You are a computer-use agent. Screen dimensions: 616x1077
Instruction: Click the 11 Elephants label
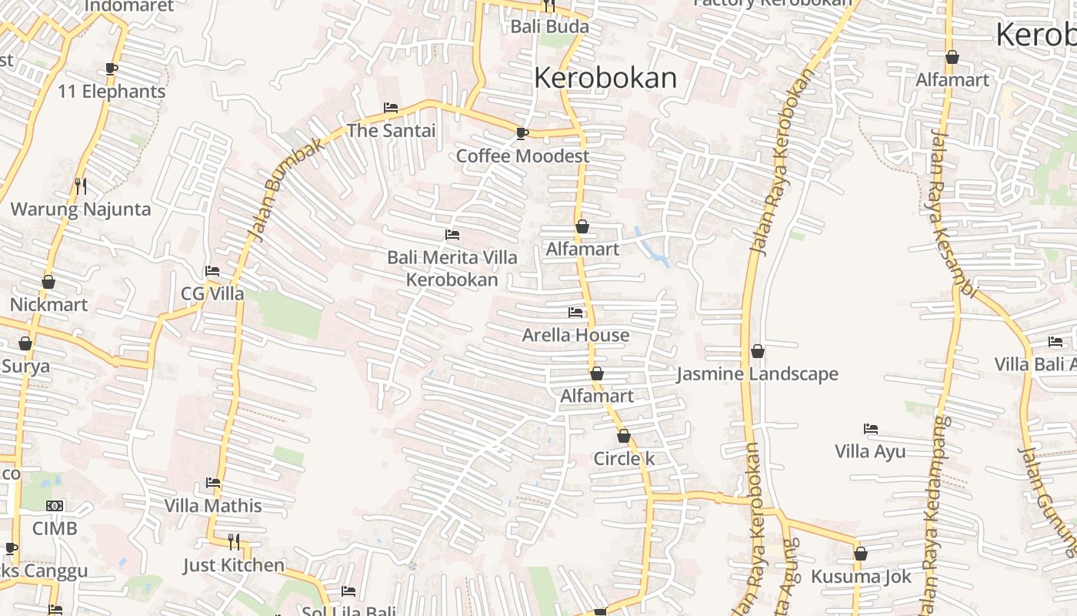tap(112, 92)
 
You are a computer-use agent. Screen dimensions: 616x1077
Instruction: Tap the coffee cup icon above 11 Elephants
tap(112, 69)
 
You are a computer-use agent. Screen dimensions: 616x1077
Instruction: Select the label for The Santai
tap(391, 131)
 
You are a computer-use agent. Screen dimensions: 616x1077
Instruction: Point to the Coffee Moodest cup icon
tap(522, 133)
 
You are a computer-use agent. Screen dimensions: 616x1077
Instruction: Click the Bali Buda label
tap(549, 27)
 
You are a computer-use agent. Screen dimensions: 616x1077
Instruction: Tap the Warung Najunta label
tap(81, 209)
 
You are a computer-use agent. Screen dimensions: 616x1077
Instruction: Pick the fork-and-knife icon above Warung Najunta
tap(80, 186)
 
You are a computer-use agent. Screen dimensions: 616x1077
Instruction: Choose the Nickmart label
tap(48, 305)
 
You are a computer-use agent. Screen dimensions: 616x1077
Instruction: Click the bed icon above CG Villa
tap(212, 271)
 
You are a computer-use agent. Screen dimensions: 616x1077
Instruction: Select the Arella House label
tap(575, 336)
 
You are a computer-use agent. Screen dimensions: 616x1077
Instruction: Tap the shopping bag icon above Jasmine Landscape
tap(758, 351)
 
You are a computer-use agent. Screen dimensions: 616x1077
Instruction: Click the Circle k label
tap(624, 459)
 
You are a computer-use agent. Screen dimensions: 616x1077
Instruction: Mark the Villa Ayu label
tap(870, 452)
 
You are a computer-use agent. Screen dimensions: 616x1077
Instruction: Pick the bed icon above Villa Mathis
tap(213, 483)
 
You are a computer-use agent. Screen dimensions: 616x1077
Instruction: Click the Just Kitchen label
tap(234, 566)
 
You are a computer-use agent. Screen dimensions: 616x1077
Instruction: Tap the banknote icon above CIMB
tap(55, 506)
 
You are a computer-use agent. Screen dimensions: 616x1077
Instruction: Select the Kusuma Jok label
tap(861, 577)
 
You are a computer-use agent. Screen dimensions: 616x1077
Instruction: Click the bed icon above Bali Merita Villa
tap(452, 234)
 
